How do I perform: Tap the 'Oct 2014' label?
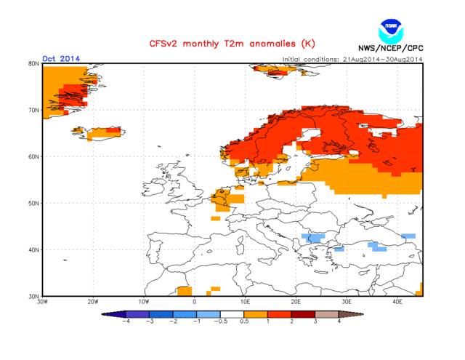pyautogui.click(x=61, y=58)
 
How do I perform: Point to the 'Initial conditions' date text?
pyautogui.click(x=352, y=59)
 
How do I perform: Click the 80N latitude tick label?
pyautogui.click(x=33, y=63)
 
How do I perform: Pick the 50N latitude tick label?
pyautogui.click(x=33, y=203)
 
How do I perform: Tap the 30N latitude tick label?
pyautogui.click(x=33, y=296)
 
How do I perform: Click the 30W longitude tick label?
pyautogui.click(x=43, y=301)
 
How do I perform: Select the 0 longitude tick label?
pyautogui.click(x=195, y=301)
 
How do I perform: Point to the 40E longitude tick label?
pyautogui.click(x=397, y=301)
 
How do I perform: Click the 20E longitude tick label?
pyautogui.click(x=296, y=301)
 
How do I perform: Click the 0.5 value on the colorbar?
pyautogui.click(x=245, y=320)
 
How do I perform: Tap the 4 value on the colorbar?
pyautogui.click(x=339, y=320)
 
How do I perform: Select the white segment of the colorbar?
pyautogui.click(x=232, y=313)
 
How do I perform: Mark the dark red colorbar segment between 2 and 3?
pyautogui.click(x=304, y=313)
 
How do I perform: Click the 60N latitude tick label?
pyautogui.click(x=33, y=156)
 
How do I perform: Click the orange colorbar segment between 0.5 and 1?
pyautogui.click(x=256, y=313)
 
